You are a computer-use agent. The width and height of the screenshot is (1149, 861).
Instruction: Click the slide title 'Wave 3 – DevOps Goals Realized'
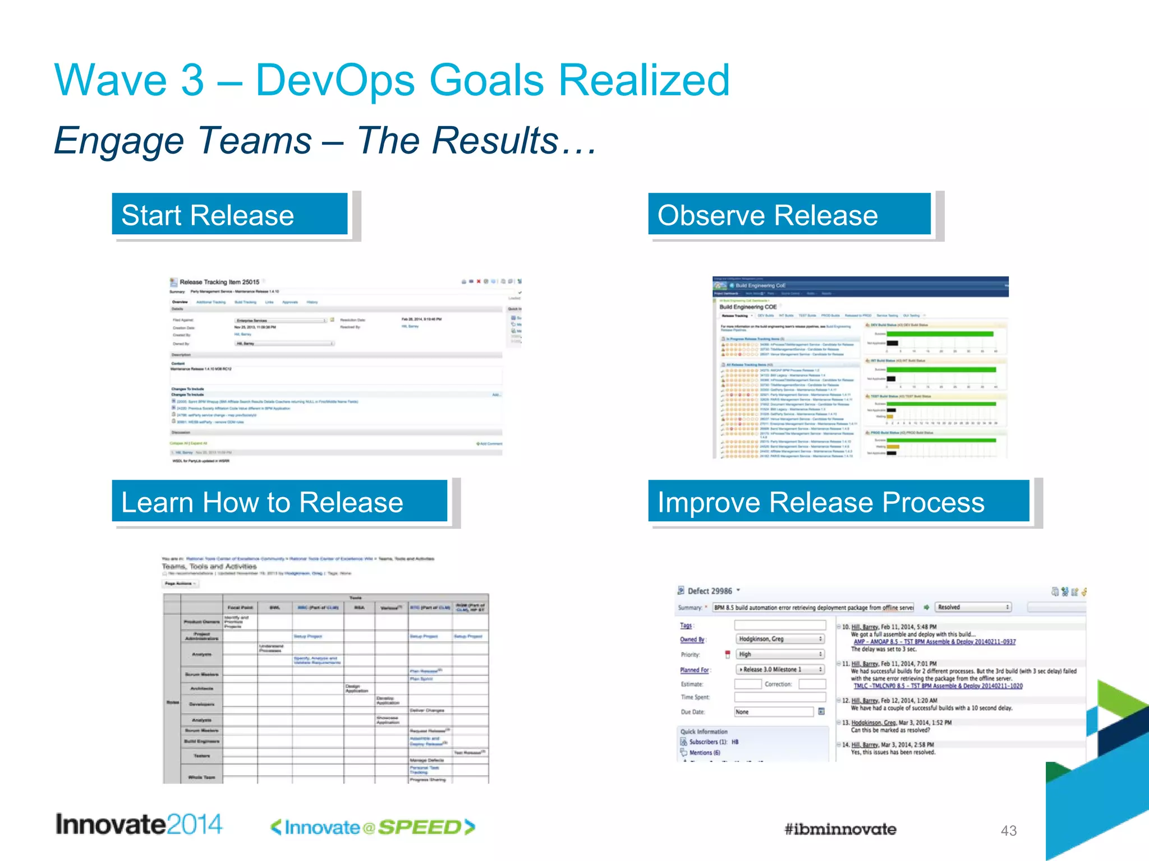[392, 80]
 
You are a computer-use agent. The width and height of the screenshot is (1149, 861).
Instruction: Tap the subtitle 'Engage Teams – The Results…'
[325, 140]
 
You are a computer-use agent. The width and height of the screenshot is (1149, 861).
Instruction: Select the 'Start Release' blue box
[229, 215]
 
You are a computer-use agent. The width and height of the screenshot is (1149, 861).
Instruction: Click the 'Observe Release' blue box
[789, 215]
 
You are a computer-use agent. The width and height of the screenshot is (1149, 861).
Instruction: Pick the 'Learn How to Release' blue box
[279, 502]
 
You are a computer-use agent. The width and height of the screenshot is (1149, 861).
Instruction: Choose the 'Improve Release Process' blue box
[838, 502]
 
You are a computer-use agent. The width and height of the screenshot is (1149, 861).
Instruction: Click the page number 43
[1008, 831]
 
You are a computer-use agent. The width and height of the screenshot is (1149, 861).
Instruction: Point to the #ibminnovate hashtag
[840, 829]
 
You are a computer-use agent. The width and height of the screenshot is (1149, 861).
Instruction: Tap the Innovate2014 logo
[139, 825]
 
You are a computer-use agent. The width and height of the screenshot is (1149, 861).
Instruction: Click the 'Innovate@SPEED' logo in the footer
[373, 827]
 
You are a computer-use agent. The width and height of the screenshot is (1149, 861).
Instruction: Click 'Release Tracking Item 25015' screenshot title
[219, 282]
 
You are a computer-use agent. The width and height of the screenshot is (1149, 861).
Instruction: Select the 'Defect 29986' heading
[710, 591]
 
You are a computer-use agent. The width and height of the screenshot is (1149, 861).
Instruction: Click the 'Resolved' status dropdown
[973, 607]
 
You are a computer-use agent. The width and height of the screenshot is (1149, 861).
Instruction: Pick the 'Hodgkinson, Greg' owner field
[779, 639]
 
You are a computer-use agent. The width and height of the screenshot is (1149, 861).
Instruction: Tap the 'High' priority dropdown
[779, 654]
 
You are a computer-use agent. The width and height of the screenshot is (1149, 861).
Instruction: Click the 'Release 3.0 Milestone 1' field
[779, 669]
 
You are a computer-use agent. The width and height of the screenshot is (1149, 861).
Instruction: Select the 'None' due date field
[773, 712]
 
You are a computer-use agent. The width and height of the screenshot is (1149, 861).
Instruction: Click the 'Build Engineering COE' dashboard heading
[748, 307]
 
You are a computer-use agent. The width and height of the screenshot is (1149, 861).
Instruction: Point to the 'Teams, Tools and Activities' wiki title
[209, 567]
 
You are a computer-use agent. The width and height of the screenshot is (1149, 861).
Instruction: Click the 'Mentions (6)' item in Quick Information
[705, 753]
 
